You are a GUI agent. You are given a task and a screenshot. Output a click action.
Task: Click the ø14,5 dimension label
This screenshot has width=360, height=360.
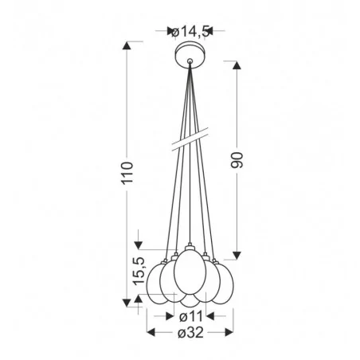click(x=190, y=31)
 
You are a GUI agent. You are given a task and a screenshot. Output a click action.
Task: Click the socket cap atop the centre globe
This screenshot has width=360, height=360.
click(x=189, y=244)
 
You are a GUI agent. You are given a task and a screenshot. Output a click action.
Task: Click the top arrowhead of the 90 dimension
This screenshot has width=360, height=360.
click(x=236, y=62)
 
